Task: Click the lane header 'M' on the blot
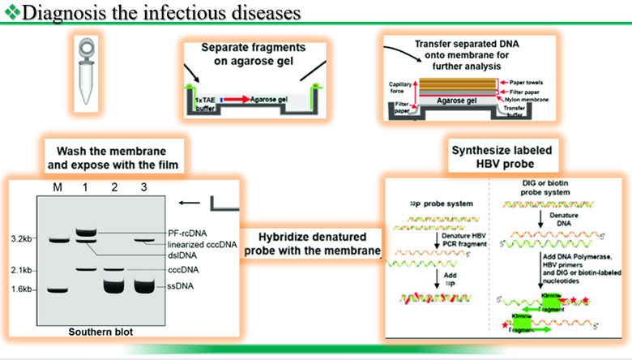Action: click(57, 189)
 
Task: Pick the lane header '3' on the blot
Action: click(143, 189)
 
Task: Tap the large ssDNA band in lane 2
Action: click(114, 287)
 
